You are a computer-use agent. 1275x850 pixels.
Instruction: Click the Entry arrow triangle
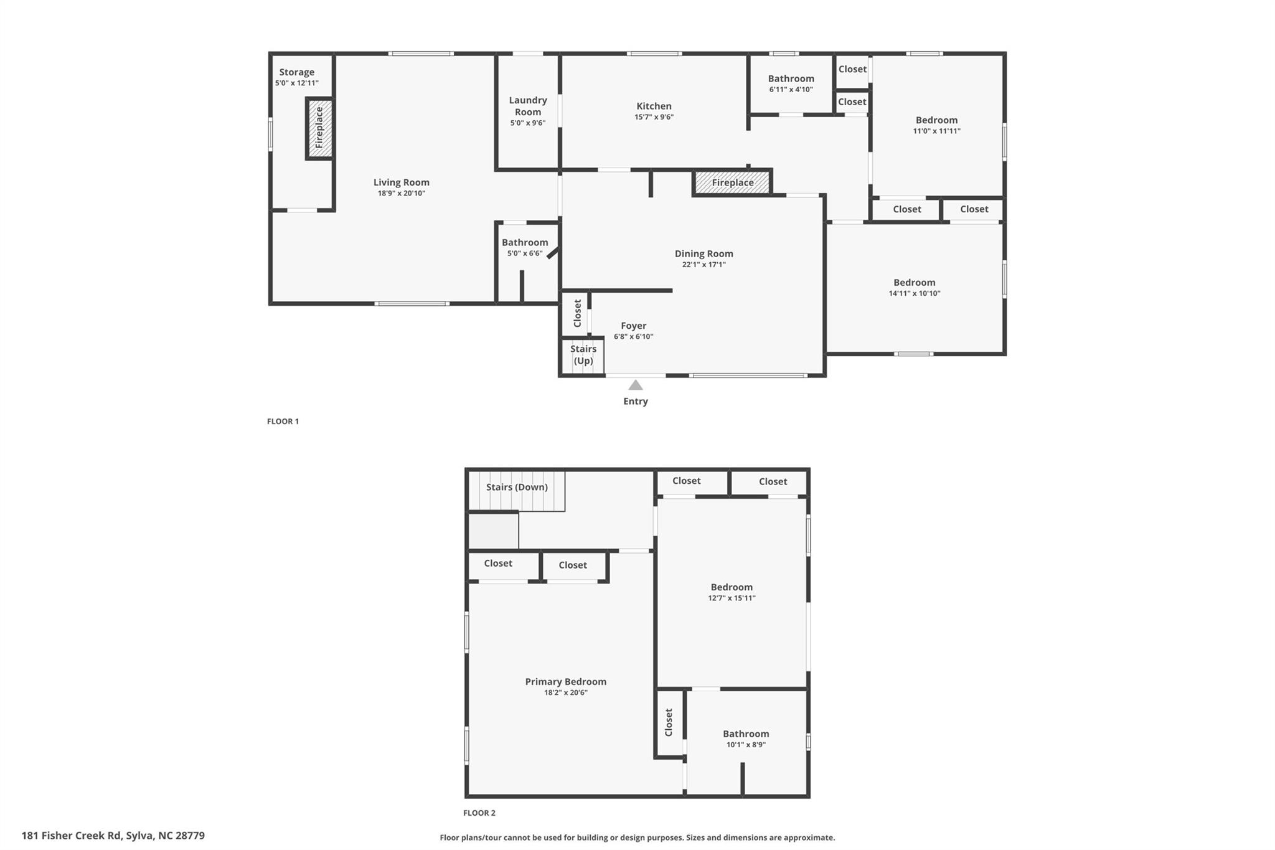pyautogui.click(x=635, y=385)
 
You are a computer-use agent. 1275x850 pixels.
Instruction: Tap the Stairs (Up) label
pyautogui.click(x=583, y=355)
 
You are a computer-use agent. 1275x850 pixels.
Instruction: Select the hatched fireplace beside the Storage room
pyautogui.click(x=319, y=128)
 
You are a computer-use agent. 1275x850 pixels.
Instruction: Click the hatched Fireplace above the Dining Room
pyautogui.click(x=732, y=182)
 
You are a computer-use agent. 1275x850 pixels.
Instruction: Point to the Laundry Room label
pyautogui.click(x=528, y=106)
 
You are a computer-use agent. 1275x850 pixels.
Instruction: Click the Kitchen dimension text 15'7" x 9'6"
pyautogui.click(x=654, y=117)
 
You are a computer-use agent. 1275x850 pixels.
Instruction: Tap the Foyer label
pyautogui.click(x=633, y=326)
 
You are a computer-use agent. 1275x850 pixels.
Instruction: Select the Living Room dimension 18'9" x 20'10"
pyautogui.click(x=401, y=194)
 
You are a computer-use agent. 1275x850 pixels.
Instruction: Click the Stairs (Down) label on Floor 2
pyautogui.click(x=517, y=487)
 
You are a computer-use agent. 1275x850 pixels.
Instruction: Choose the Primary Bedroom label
pyautogui.click(x=565, y=682)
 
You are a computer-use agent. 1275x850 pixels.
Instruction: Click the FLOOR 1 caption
pyautogui.click(x=283, y=422)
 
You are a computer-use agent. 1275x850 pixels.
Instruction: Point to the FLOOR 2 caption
pyautogui.click(x=479, y=813)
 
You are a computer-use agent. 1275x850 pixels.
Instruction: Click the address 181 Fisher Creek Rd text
pyautogui.click(x=113, y=836)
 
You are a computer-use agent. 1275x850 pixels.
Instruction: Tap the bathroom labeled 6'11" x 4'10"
pyautogui.click(x=791, y=83)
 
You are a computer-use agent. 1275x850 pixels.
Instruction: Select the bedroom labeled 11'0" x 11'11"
pyautogui.click(x=936, y=125)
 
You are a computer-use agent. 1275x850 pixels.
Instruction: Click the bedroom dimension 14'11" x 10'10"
pyautogui.click(x=914, y=293)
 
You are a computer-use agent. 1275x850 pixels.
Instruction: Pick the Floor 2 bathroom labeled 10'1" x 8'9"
pyautogui.click(x=746, y=739)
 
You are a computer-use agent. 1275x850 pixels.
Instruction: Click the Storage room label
pyautogui.click(x=296, y=72)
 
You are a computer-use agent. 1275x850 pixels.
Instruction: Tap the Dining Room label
pyautogui.click(x=703, y=253)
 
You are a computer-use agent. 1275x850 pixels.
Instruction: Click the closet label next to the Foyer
pyautogui.click(x=577, y=313)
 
